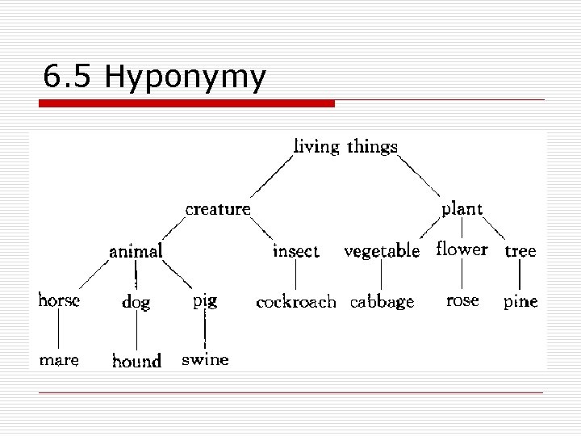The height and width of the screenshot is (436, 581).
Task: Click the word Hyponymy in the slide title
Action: pos(185,78)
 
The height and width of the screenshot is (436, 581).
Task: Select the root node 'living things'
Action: pos(345,147)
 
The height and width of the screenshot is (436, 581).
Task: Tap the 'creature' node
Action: pos(218,209)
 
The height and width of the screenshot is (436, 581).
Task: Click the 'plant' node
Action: pos(462,209)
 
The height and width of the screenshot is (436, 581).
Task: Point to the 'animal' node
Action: pos(136,251)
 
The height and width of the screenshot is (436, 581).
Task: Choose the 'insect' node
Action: pos(295,251)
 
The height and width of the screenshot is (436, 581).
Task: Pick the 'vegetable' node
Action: pos(382,251)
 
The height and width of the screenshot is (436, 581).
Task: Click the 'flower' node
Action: pos(462,249)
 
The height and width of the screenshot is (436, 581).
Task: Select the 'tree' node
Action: pos(520,251)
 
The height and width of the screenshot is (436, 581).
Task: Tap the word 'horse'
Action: pos(59,301)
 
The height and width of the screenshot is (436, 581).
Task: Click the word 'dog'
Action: pos(136,303)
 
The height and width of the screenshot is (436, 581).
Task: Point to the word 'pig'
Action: pos(205,301)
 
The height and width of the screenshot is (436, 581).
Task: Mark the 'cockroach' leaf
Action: pos(295,303)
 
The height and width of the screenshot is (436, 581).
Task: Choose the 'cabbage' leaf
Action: pos(382,303)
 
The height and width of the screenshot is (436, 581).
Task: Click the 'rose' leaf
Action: pos(462,300)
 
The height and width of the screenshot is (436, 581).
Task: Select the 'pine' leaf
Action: pos(520,303)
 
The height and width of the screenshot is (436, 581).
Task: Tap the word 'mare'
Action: pos(59,360)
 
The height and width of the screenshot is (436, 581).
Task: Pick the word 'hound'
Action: pos(136,361)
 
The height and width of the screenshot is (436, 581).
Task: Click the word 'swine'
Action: pos(205,359)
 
